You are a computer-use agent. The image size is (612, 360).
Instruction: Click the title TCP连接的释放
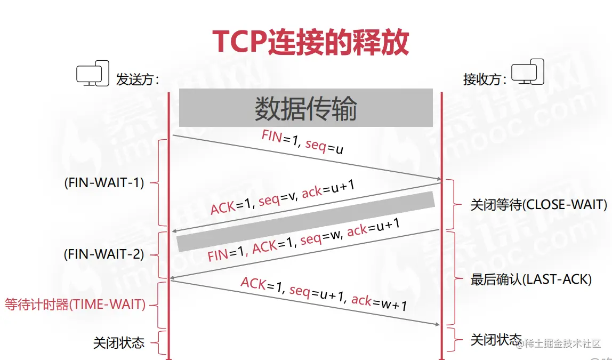310,42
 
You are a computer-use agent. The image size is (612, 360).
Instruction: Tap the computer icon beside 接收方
528,72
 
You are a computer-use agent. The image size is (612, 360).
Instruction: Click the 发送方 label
138,80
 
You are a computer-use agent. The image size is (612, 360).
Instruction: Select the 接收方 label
485,80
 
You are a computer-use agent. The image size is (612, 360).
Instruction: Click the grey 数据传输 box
305,108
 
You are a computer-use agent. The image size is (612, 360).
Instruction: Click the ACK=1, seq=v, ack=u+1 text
283,197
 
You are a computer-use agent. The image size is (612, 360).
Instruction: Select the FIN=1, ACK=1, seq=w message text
304,241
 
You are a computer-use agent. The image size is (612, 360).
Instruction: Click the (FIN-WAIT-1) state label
104,182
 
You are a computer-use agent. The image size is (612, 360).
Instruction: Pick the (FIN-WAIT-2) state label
104,254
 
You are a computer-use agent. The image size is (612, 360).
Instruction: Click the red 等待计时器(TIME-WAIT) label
75,305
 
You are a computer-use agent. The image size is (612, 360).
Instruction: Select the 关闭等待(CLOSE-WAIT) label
538,205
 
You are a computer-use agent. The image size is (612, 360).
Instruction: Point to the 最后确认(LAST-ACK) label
531,279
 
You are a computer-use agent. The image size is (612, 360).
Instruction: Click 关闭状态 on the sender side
119,342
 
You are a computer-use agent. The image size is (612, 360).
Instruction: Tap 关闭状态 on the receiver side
496,340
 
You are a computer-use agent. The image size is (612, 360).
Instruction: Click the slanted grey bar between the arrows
305,221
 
